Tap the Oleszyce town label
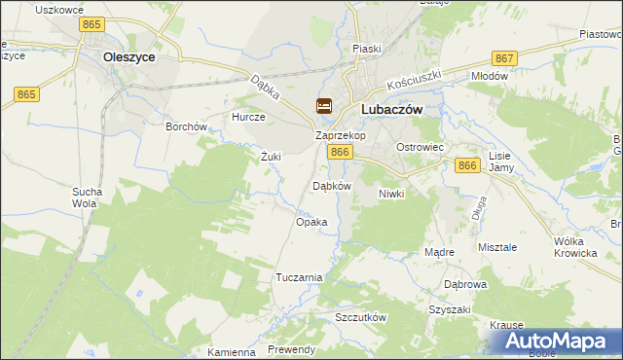click(129, 57)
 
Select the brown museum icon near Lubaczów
click(324, 106)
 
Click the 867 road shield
click(504, 59)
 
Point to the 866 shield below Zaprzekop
click(340, 153)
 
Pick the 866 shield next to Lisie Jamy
click(467, 166)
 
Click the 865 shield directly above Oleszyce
click(93, 22)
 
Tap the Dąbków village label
click(330, 185)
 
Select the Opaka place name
click(311, 222)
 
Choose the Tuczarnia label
click(299, 277)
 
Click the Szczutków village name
click(361, 318)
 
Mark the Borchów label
click(187, 126)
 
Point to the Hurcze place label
click(248, 117)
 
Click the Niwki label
click(391, 194)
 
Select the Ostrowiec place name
click(420, 147)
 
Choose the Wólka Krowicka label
click(574, 247)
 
